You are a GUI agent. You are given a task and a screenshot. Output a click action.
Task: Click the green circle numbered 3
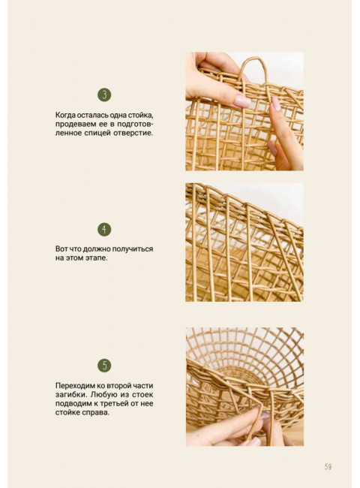coord(104,95)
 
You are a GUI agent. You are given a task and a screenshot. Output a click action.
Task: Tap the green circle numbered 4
coord(104,230)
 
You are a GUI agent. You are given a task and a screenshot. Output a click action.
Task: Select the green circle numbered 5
coord(104,366)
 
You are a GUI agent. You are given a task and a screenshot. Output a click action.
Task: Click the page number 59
coord(328,467)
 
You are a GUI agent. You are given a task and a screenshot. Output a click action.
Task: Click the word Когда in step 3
coord(65,115)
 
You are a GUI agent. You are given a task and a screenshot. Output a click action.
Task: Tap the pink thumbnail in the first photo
coord(241,101)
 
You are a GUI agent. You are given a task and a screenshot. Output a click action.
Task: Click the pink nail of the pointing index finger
coord(275,103)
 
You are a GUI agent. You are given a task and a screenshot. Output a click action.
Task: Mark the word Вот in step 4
coord(61,249)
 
